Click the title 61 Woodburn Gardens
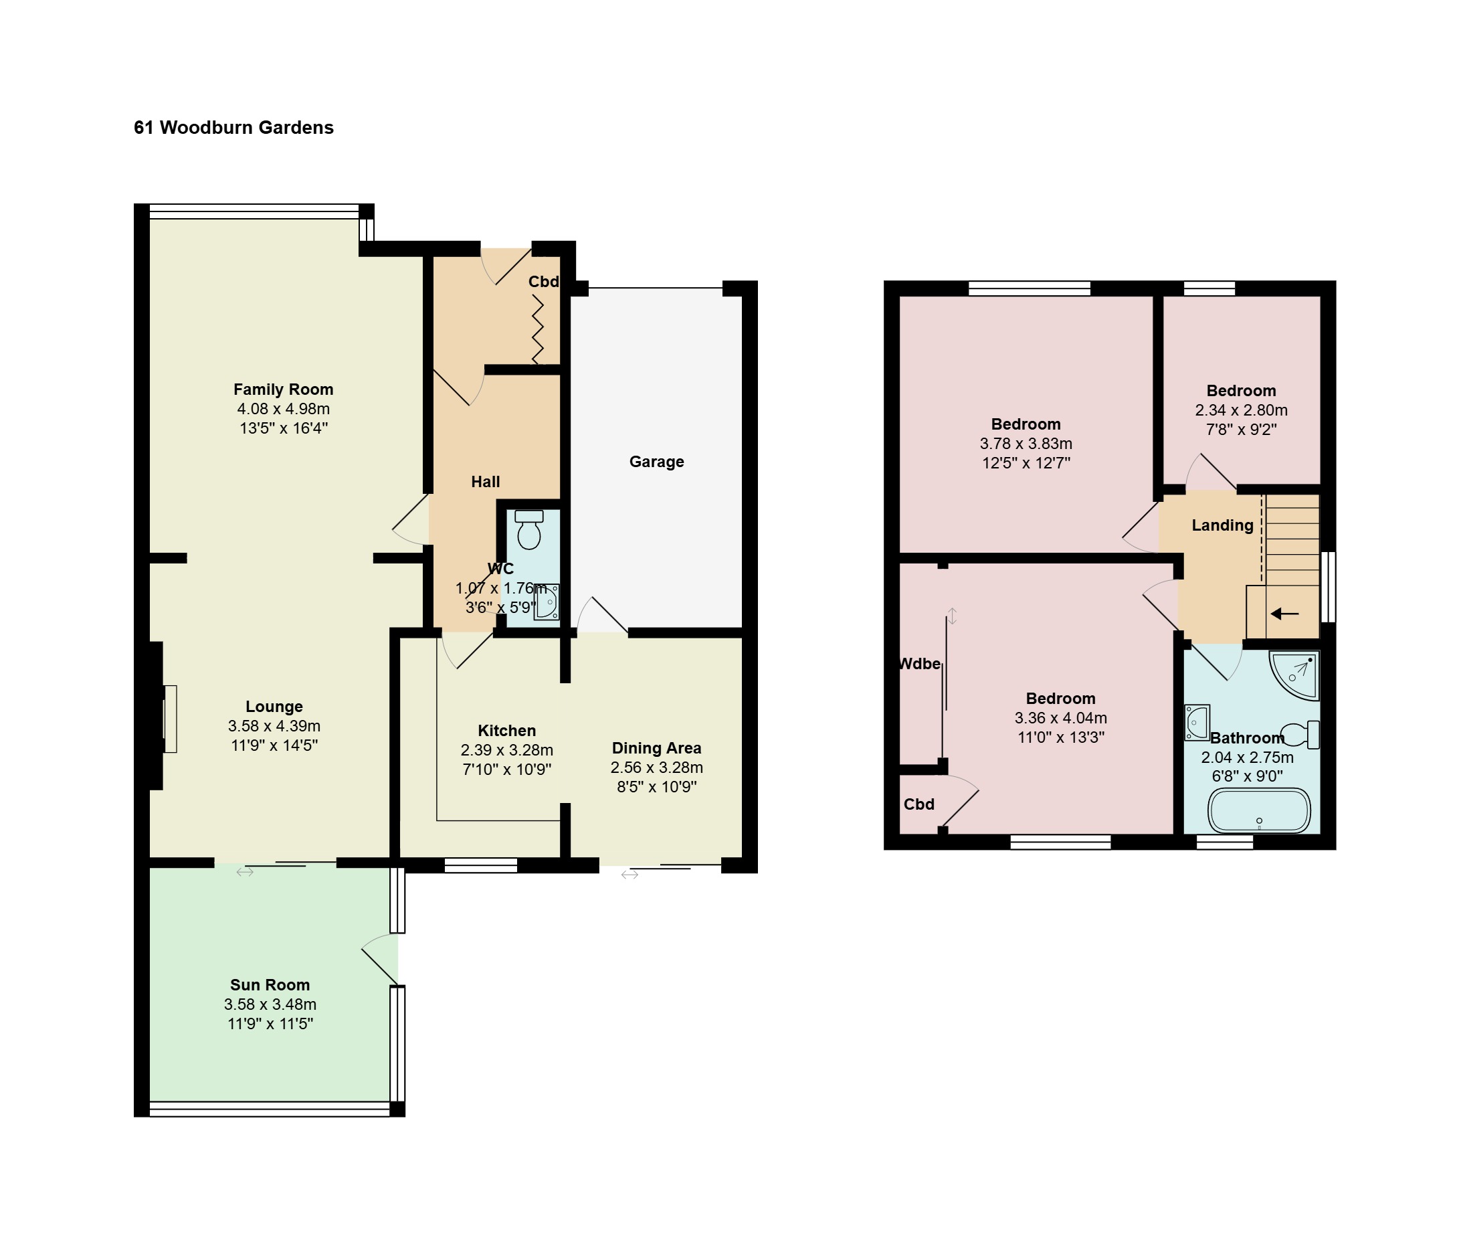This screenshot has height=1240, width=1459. tap(233, 127)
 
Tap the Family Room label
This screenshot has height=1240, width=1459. tap(283, 389)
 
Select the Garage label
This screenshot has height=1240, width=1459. tap(656, 462)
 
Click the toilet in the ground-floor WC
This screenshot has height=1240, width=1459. tap(529, 529)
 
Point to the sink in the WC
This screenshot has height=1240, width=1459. tap(547, 602)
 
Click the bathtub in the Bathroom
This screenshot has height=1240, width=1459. tap(1260, 810)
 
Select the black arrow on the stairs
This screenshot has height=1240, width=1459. tap(1284, 614)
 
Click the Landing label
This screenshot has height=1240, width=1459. tap(1223, 525)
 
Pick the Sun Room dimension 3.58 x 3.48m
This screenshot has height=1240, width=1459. tap(270, 1004)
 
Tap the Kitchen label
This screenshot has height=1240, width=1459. tap(506, 730)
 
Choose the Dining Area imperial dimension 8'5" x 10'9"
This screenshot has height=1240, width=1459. tap(656, 786)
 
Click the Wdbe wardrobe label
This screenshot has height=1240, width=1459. tap(920, 664)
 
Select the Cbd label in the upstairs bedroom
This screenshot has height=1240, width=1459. tap(919, 804)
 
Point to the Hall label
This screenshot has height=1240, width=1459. tap(486, 482)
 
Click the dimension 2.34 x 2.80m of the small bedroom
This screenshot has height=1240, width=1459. tap(1241, 410)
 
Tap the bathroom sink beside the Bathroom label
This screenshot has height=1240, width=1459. tap(1197, 723)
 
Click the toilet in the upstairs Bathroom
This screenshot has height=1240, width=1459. tap(1301, 735)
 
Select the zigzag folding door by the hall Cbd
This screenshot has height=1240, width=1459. tap(539, 329)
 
